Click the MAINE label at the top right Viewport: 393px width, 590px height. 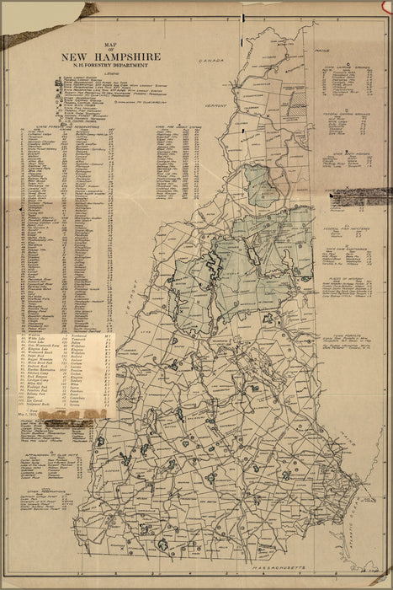(x=321, y=51)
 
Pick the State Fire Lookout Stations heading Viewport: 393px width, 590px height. (x=176, y=128)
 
